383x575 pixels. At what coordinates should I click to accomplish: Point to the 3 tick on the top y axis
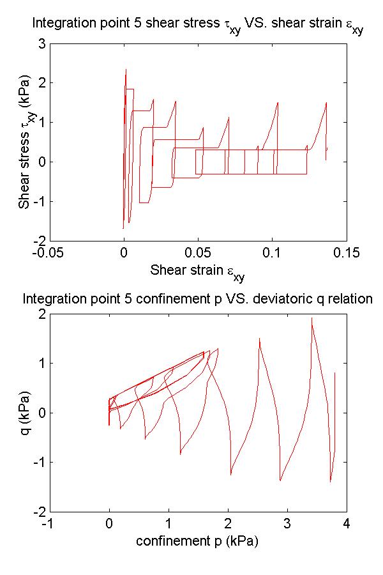click(x=41, y=44)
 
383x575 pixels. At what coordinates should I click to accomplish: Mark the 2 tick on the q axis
click(x=41, y=314)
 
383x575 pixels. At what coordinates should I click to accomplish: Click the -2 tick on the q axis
click(x=38, y=512)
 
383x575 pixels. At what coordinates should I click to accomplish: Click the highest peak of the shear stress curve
click(x=126, y=70)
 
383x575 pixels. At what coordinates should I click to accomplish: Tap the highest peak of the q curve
click(x=312, y=318)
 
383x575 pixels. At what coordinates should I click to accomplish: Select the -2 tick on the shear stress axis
click(x=38, y=241)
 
